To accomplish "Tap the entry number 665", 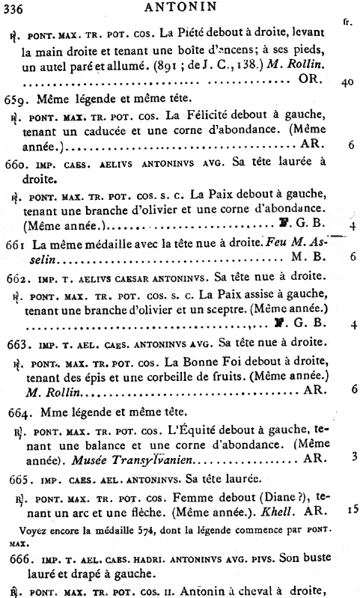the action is pos(17,479).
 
